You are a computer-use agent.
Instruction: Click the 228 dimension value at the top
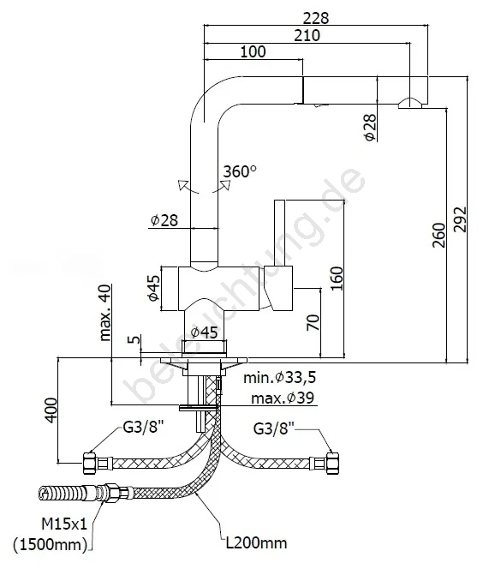[x=316, y=17]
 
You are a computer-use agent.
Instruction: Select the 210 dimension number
[x=307, y=35]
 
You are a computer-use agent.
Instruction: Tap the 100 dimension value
[x=253, y=51]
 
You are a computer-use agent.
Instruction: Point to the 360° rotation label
[x=240, y=171]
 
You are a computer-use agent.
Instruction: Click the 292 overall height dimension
[x=460, y=219]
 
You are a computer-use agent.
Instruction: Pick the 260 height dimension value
[x=438, y=235]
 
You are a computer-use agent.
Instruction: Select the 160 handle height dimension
[x=337, y=279]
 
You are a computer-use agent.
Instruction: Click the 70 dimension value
[x=313, y=322]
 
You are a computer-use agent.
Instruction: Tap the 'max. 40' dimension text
[x=104, y=313]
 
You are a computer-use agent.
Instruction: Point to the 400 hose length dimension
[x=51, y=410]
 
